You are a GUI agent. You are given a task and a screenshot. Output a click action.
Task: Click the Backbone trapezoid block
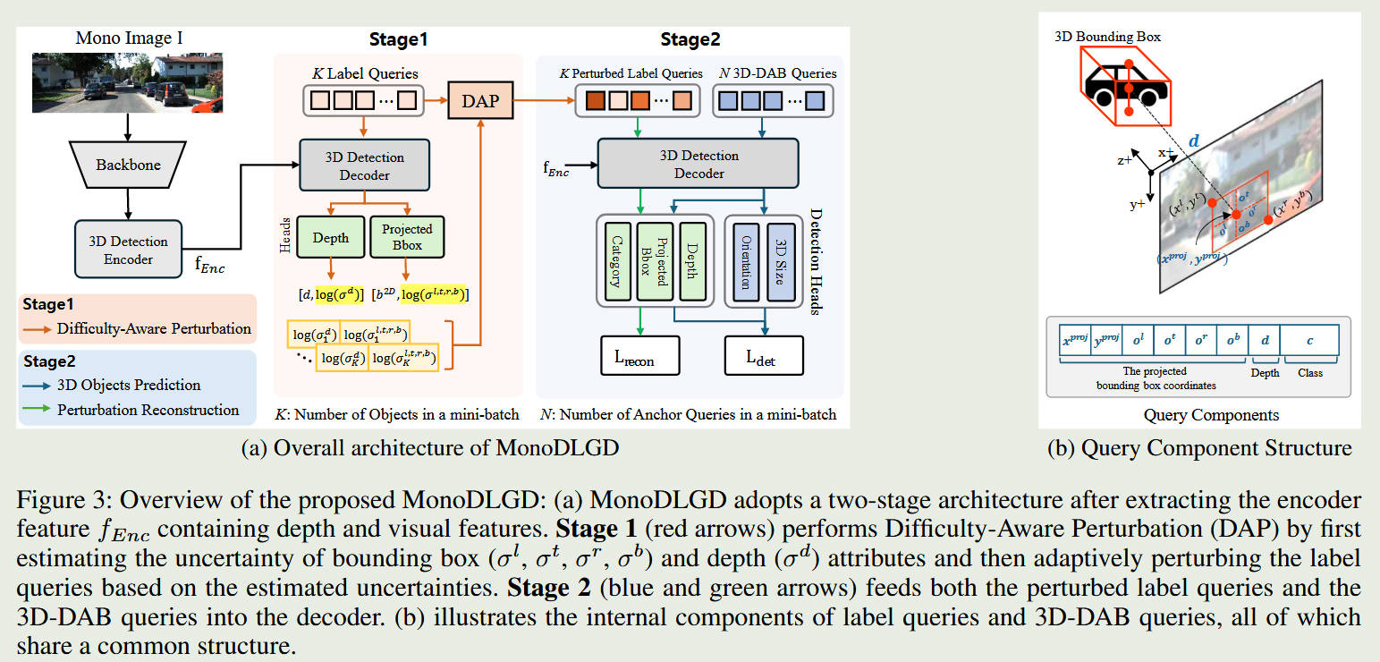(x=128, y=165)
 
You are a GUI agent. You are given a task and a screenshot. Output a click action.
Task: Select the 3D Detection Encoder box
(x=129, y=250)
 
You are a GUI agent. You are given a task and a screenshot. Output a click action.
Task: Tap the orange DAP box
(x=480, y=101)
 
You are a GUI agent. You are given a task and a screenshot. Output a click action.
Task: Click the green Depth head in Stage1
(x=330, y=238)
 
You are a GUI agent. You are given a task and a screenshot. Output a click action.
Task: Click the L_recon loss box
(x=640, y=355)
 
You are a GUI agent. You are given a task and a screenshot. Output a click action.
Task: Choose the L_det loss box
(x=763, y=355)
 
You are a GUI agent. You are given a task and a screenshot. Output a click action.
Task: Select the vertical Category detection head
(x=615, y=259)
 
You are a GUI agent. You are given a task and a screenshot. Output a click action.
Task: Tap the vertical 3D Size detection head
(x=780, y=259)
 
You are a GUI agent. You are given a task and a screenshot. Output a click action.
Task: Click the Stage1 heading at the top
(x=399, y=39)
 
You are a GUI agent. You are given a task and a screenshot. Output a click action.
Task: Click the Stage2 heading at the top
(x=690, y=39)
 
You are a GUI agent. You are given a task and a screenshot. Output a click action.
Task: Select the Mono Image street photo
(x=127, y=82)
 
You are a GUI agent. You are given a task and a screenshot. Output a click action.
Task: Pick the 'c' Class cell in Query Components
(x=1309, y=340)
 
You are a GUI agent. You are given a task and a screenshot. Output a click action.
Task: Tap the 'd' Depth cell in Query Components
(x=1265, y=340)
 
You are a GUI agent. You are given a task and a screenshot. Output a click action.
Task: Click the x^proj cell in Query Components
(x=1075, y=340)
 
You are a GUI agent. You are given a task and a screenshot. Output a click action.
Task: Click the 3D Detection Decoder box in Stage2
(x=686, y=165)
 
